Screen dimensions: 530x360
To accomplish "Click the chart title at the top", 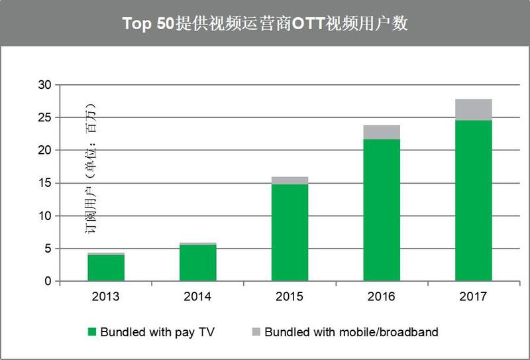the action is point(265,23).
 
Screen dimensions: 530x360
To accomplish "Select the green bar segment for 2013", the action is point(106,268).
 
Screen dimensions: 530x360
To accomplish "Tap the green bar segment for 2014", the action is point(197,263).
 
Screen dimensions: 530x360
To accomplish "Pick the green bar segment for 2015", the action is point(290,233).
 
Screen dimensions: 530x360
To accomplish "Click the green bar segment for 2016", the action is point(382,210).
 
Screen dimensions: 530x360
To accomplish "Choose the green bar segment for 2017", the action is point(474,201).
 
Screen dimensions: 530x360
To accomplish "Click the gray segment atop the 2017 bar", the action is point(474,109).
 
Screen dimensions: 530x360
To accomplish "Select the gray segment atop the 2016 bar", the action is point(382,133).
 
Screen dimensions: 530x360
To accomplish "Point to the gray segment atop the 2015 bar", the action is point(290,181).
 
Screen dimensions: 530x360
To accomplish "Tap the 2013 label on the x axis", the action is point(106,297).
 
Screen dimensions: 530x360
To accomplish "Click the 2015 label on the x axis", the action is point(290,297).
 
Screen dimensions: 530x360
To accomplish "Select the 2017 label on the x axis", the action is point(473,297).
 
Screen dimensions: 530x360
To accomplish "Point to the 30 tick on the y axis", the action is point(44,85).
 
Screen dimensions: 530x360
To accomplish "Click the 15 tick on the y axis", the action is point(44,183).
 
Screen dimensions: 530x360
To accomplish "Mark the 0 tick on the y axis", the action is point(48,281).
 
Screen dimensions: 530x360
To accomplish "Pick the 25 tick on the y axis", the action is point(44,118).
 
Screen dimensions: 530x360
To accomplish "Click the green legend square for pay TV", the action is point(92,331).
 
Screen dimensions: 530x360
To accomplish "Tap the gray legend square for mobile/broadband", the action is point(256,331).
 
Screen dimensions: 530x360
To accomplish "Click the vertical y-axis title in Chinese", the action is point(90,168).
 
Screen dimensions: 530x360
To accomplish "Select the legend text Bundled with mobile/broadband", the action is point(352,332).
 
